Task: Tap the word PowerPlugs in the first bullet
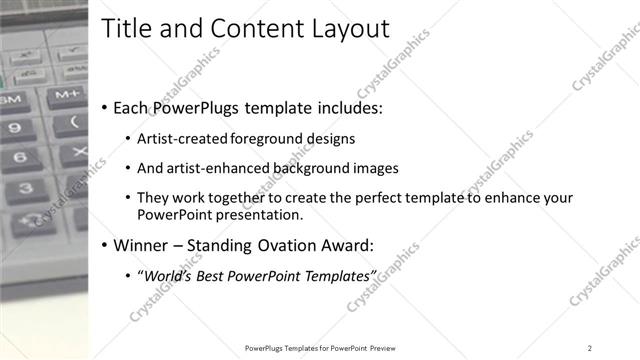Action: click(196, 108)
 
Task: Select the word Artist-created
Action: click(180, 138)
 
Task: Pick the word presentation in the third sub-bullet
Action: click(258, 214)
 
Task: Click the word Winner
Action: click(143, 245)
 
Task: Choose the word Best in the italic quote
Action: click(218, 275)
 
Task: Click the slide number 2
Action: click(590, 347)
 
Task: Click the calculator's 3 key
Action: click(24, 188)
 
